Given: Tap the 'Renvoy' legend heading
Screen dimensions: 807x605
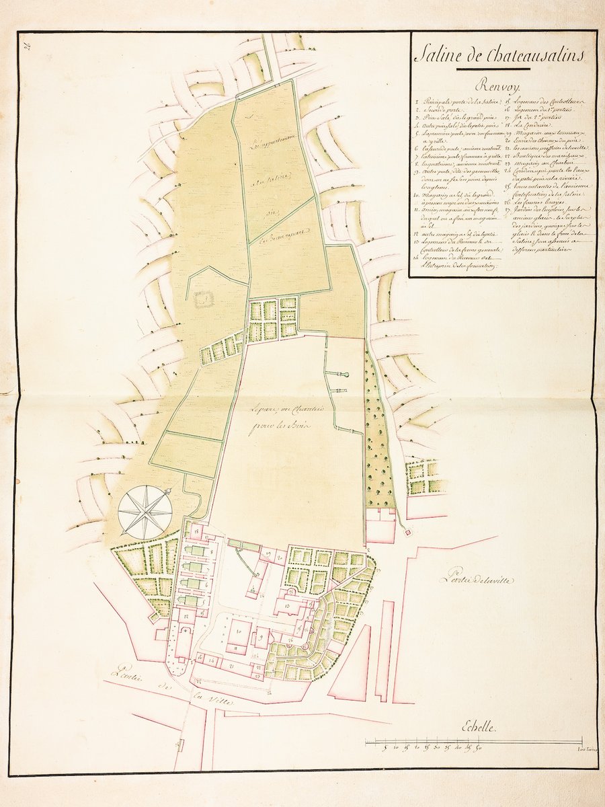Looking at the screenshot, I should tap(500, 86).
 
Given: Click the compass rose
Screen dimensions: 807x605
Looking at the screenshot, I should tap(145, 512).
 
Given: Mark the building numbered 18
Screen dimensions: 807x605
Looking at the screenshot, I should tap(199, 535).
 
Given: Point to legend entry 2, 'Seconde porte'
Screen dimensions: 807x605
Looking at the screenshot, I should tap(437, 110).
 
